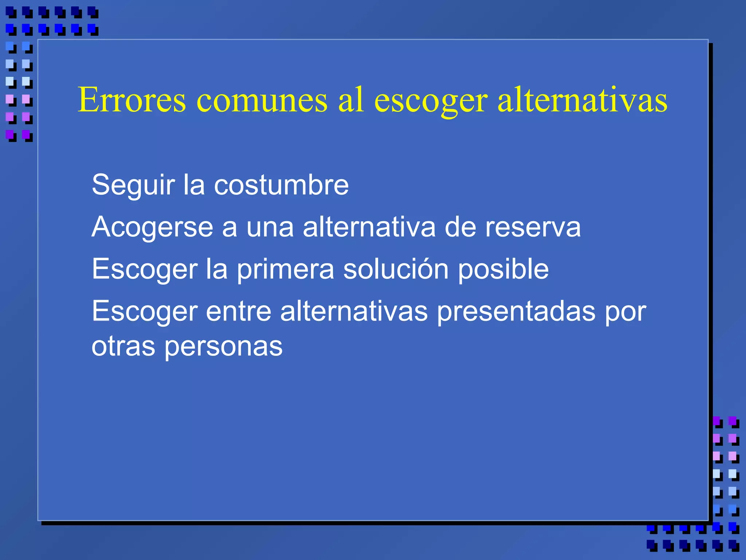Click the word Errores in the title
pyautogui.click(x=132, y=100)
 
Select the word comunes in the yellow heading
pyautogui.click(x=262, y=100)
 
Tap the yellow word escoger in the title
pyautogui.click(x=431, y=100)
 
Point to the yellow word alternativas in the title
pyautogui.click(x=582, y=100)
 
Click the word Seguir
pyautogui.click(x=133, y=185)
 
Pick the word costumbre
pyautogui.click(x=281, y=185)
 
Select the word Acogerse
pyautogui.click(x=152, y=227)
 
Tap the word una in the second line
pyautogui.click(x=270, y=227)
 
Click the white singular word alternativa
pyautogui.click(x=369, y=227)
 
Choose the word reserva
pyautogui.click(x=531, y=227)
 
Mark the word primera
pyautogui.click(x=286, y=269)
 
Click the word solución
pyautogui.click(x=396, y=269)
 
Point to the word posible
pyautogui.click(x=503, y=269)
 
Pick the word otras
pyautogui.click(x=123, y=346)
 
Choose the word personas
pyautogui.click(x=223, y=346)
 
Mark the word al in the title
pyautogui.click(x=351, y=100)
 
